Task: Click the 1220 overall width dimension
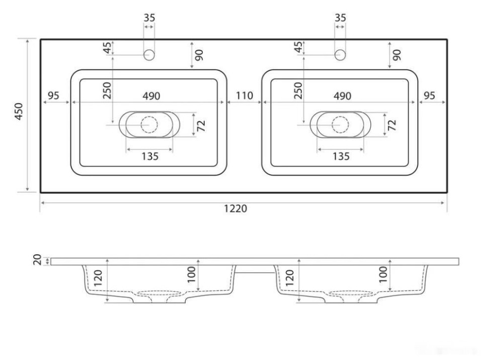click(235, 208)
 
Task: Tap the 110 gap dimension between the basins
click(244, 95)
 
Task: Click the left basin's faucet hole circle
click(149, 55)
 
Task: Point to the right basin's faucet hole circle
click(341, 55)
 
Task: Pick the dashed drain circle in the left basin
click(149, 124)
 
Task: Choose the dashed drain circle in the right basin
click(341, 124)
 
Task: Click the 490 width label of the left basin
click(151, 96)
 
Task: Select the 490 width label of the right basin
click(342, 96)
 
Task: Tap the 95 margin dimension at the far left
click(54, 95)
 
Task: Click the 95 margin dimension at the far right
click(429, 95)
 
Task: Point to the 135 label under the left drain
click(149, 157)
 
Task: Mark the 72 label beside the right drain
click(392, 125)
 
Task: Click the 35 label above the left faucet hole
click(149, 18)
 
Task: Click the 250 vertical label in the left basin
click(106, 91)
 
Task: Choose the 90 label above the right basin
click(397, 54)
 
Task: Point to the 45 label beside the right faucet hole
click(298, 48)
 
